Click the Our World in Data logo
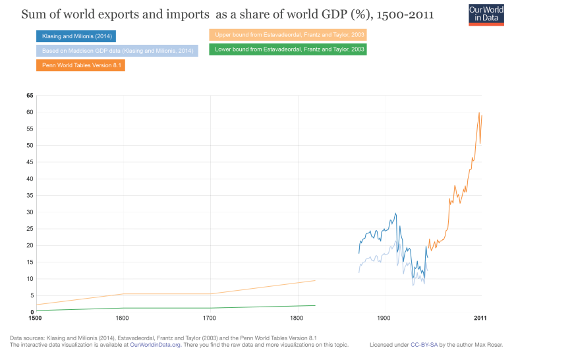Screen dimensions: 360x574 (x=486, y=14)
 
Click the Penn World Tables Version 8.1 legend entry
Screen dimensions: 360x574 (x=80, y=65)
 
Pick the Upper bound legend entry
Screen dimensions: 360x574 (x=288, y=35)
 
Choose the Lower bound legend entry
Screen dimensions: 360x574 (x=288, y=49)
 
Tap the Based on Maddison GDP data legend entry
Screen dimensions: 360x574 (x=117, y=51)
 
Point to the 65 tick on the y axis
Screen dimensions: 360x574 (x=30, y=96)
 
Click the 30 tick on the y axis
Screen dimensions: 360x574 (x=30, y=212)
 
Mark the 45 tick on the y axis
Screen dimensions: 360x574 (x=30, y=162)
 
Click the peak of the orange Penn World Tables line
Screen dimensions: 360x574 (x=479, y=113)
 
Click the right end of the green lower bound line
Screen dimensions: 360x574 (x=315, y=305)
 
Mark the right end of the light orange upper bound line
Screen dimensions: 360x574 (x=315, y=280)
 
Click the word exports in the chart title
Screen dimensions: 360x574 (x=112, y=14)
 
